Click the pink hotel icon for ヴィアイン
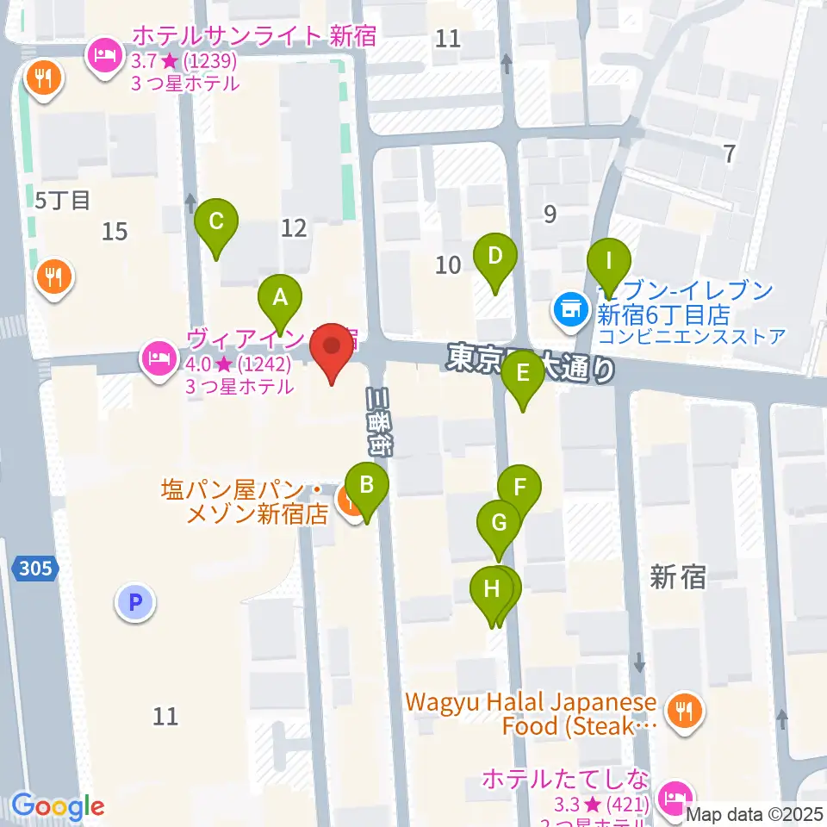(x=158, y=355)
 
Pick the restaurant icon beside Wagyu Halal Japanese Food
(x=686, y=711)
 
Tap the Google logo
(x=58, y=807)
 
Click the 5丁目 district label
(x=63, y=201)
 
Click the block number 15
(x=115, y=231)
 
